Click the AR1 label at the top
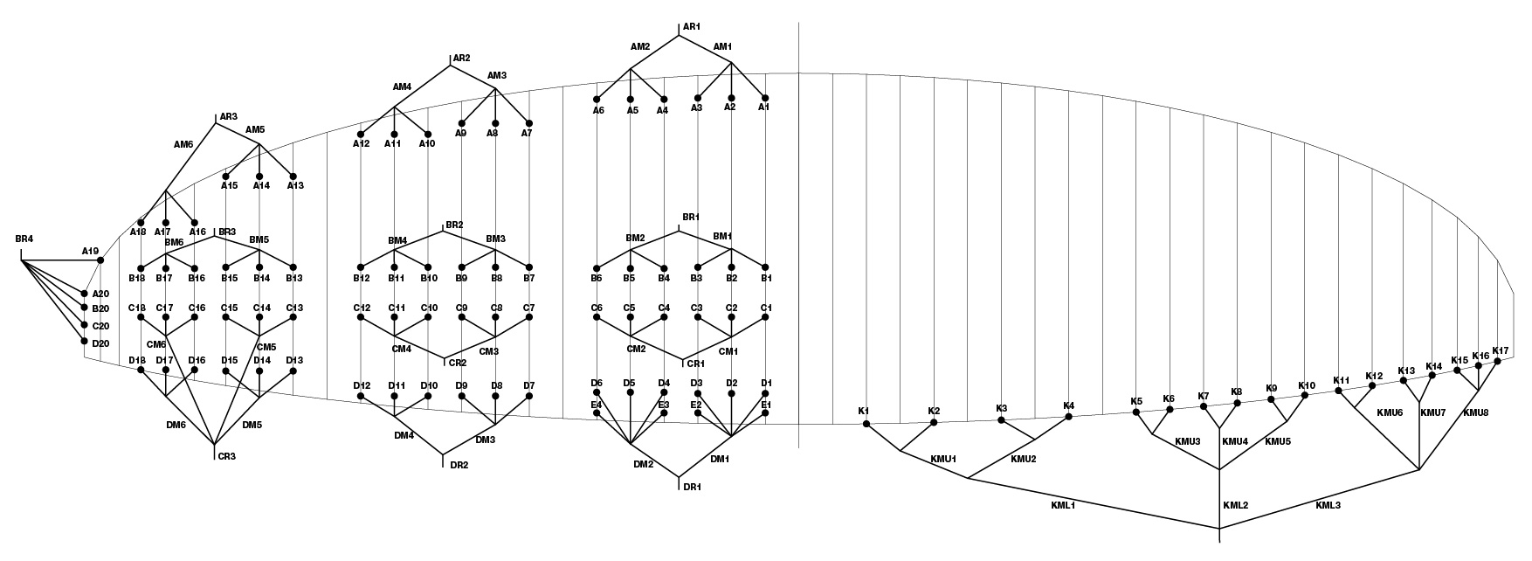[x=692, y=27]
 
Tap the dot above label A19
[x=100, y=260]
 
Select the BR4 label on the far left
[x=24, y=239]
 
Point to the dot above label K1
[x=866, y=424]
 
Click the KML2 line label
[x=1236, y=505]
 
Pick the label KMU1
[x=944, y=458]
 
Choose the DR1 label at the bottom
[x=692, y=487]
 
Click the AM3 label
[x=497, y=75]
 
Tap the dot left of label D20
[x=85, y=342]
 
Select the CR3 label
[x=227, y=455]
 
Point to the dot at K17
[x=1496, y=361]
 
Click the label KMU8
[x=1476, y=412]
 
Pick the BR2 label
[x=454, y=225]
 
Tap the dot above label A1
[x=765, y=98]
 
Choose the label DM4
[x=404, y=435]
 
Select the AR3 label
[x=229, y=116]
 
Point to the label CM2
[x=636, y=349]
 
